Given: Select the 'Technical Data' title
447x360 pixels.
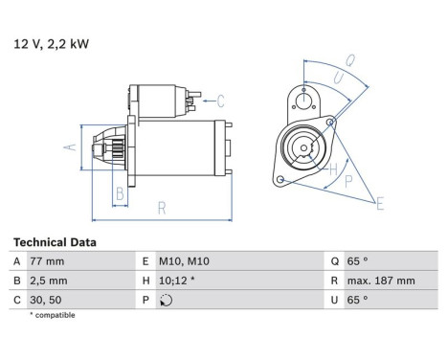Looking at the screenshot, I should coord(55,243).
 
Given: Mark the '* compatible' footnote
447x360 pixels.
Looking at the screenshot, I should coord(52,315).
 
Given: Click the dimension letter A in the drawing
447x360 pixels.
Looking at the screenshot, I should coord(69,146).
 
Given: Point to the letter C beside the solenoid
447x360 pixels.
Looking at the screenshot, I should coord(220,100).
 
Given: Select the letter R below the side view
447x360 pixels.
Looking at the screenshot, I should coord(163,207).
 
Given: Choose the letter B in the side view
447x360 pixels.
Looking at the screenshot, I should coord(119,194).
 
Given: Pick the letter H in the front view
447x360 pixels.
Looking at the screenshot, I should coord(334,169).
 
